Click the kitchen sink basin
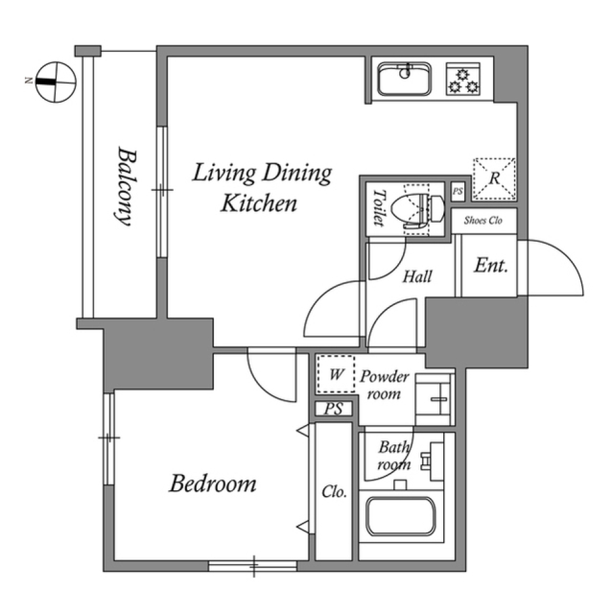click(405, 79)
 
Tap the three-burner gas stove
click(463, 79)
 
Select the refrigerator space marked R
click(494, 179)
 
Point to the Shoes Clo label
click(483, 220)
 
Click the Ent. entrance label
click(491, 266)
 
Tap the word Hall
click(418, 276)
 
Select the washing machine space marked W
click(336, 374)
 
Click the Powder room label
click(384, 385)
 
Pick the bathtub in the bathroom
click(401, 516)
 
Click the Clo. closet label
click(334, 492)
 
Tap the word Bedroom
click(213, 483)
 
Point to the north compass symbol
click(56, 82)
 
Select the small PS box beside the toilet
click(457, 192)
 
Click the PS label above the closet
click(334, 409)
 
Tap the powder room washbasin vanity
click(434, 400)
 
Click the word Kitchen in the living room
click(259, 204)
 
